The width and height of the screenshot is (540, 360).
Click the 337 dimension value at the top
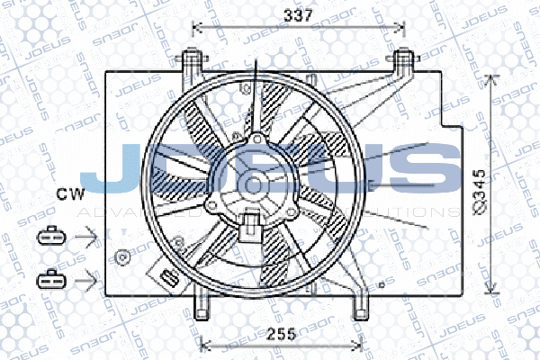click(x=298, y=14)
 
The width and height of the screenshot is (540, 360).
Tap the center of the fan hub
click(x=255, y=183)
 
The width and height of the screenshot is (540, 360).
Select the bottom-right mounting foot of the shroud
click(x=360, y=304)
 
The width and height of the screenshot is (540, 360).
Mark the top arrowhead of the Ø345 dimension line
click(x=490, y=77)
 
